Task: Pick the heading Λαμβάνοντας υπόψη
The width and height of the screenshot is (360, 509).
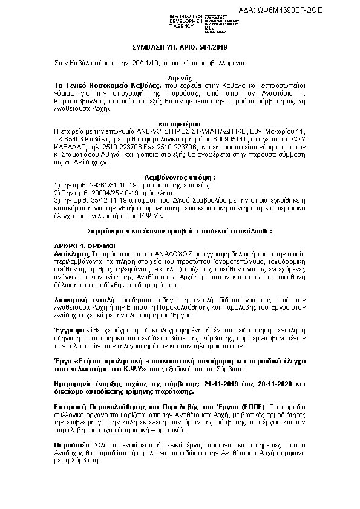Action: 179,177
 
